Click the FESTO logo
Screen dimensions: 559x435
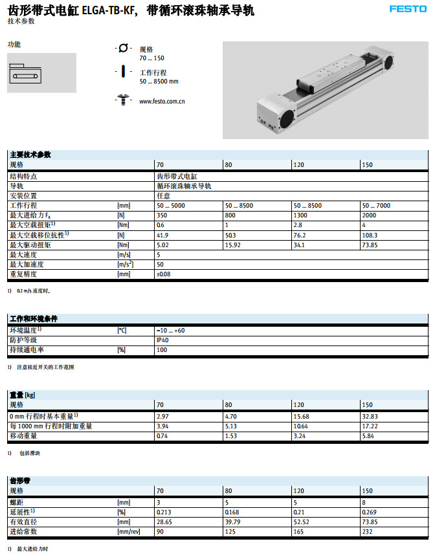click(408, 9)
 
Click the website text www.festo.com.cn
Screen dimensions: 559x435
click(162, 102)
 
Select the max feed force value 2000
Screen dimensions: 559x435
click(369, 215)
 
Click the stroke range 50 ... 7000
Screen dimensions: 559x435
click(376, 205)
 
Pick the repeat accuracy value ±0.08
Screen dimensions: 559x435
click(164, 274)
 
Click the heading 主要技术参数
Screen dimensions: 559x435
click(30, 155)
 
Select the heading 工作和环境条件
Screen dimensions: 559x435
click(34, 320)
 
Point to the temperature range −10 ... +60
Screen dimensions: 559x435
click(170, 331)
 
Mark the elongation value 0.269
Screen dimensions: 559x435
click(368, 512)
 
